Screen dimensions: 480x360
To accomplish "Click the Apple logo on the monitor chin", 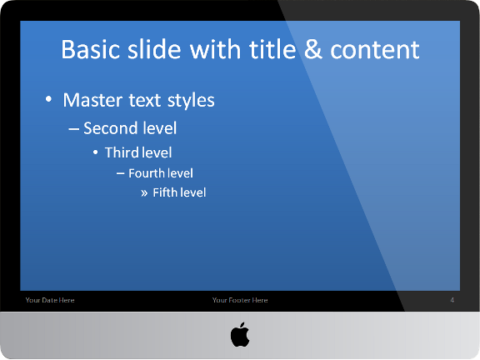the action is click(240, 334).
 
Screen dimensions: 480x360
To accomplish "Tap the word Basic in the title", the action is click(91, 49).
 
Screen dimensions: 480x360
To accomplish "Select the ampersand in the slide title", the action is click(313, 49).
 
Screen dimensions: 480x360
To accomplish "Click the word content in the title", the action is click(375, 50).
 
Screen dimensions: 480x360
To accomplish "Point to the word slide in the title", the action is click(155, 49).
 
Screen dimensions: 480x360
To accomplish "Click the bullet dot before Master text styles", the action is click(48, 99).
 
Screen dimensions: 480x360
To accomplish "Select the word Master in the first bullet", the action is click(92, 100).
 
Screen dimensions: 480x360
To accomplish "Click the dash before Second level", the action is click(74, 128).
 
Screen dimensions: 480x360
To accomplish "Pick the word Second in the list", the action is click(104, 128).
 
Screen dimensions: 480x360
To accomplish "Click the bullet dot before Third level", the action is click(96, 152).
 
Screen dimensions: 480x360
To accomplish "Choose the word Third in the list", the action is click(121, 152).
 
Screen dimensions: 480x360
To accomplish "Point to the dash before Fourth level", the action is click(120, 173).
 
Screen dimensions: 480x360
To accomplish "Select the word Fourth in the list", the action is click(147, 173).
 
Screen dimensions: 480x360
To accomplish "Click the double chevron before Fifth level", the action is click(144, 193).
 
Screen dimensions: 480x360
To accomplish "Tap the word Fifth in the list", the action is click(166, 192).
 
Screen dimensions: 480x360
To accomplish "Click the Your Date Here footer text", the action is click(50, 300).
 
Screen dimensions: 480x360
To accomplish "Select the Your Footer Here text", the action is click(240, 300).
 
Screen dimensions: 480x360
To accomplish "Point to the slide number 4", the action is click(452, 300).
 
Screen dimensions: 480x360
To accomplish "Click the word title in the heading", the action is click(272, 49).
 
